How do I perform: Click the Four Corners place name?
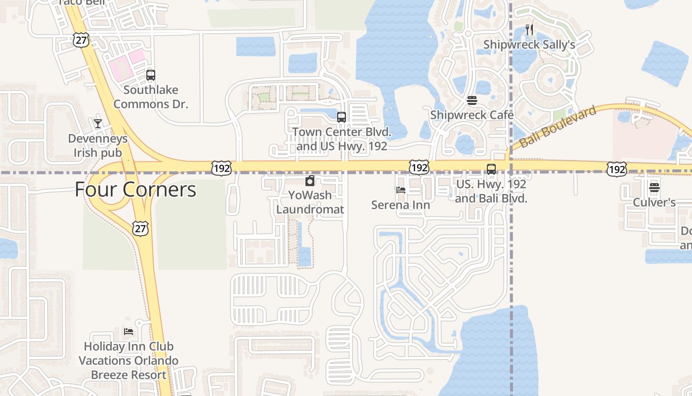click(x=135, y=190)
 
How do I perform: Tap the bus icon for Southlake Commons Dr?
click(x=151, y=75)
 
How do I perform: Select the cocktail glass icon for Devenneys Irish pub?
click(x=98, y=123)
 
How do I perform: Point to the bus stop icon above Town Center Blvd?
click(x=341, y=117)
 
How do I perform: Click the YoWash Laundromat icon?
click(x=310, y=181)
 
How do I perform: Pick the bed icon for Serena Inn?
click(x=401, y=190)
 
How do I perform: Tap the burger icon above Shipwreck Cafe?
click(x=472, y=100)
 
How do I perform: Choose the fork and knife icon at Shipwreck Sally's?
click(x=529, y=30)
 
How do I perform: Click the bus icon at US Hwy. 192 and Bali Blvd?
click(x=491, y=169)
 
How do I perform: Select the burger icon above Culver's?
click(x=654, y=188)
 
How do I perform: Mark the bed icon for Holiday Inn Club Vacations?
click(x=129, y=331)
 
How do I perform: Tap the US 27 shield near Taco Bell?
click(x=81, y=41)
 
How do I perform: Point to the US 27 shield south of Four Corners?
click(x=140, y=228)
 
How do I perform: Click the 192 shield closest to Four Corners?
click(x=221, y=168)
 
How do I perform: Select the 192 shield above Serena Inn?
click(x=419, y=167)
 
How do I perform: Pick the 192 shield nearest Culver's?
click(x=617, y=170)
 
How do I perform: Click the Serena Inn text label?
click(x=401, y=204)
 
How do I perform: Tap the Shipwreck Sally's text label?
click(x=529, y=45)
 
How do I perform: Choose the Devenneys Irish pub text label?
click(x=98, y=146)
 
